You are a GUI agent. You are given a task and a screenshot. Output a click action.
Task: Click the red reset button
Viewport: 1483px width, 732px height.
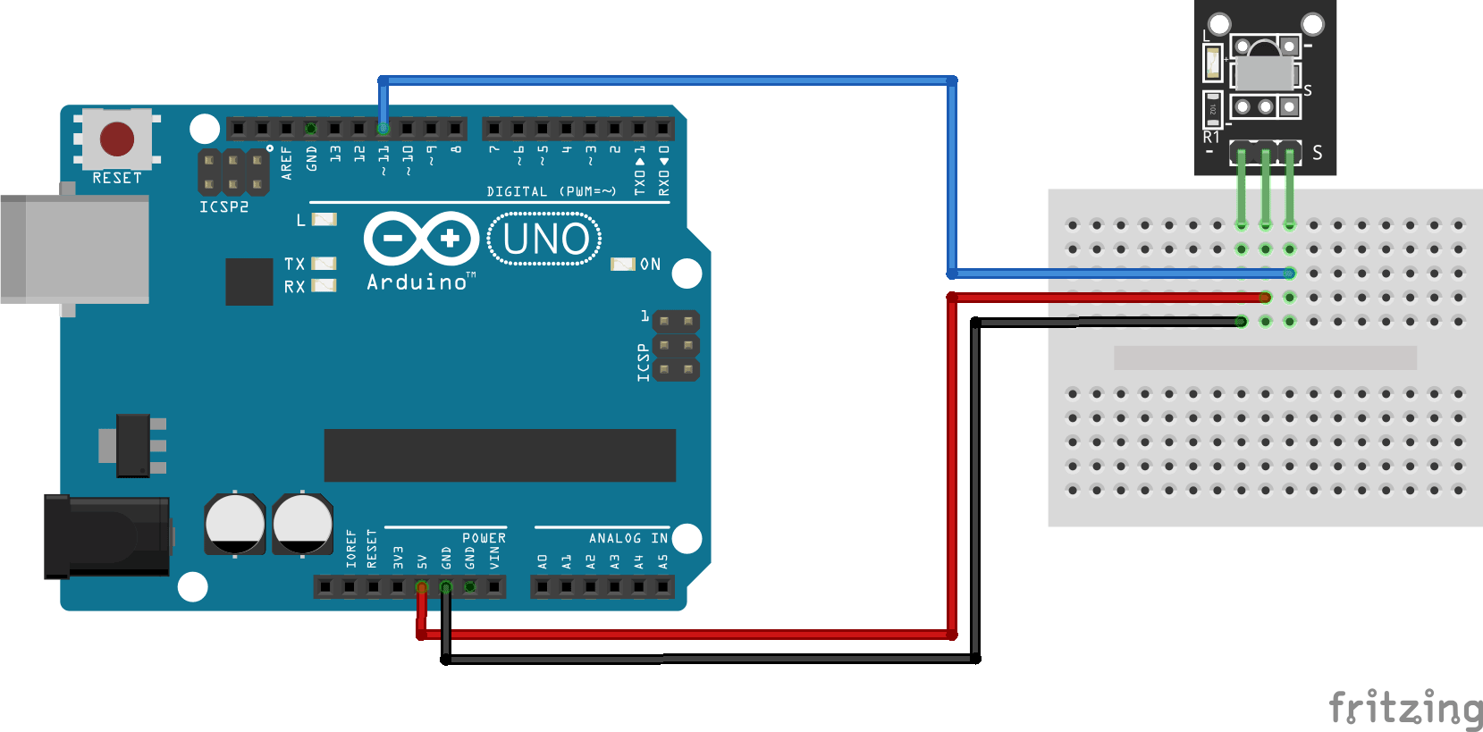(117, 139)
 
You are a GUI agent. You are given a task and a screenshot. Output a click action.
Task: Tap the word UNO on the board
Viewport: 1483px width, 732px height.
(545, 240)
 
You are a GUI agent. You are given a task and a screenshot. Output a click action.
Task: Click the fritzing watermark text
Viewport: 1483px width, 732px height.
(1405, 709)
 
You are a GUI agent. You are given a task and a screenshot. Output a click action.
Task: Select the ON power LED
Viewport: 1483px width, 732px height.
(622, 265)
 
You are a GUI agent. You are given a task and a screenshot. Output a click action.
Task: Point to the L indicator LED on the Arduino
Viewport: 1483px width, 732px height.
(324, 219)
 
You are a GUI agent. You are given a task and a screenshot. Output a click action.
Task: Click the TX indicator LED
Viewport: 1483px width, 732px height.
(324, 264)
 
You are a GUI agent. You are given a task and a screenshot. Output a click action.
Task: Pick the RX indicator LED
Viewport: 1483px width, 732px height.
(324, 286)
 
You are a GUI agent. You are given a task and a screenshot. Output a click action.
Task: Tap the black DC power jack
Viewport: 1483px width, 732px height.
(107, 536)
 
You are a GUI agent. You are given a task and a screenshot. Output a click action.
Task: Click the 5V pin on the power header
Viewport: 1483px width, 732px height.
(422, 587)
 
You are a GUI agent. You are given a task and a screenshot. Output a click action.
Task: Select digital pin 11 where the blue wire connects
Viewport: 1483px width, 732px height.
(383, 129)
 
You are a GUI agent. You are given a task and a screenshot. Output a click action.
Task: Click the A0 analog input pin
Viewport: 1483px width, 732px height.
(543, 587)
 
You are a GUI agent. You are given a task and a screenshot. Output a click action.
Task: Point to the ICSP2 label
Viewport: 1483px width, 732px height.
(223, 207)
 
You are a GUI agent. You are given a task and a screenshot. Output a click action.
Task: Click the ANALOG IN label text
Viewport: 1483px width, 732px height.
(628, 538)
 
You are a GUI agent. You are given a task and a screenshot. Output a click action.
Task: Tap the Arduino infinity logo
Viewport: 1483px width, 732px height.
(421, 239)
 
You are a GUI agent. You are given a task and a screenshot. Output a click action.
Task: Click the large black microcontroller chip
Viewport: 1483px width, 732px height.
(500, 455)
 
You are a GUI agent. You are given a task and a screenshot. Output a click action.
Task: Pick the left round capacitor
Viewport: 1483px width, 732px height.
(235, 524)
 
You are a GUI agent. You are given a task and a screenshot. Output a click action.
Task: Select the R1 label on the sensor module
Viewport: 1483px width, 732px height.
(1211, 138)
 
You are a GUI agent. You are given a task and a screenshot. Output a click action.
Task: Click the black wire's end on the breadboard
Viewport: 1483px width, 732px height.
(1242, 322)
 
